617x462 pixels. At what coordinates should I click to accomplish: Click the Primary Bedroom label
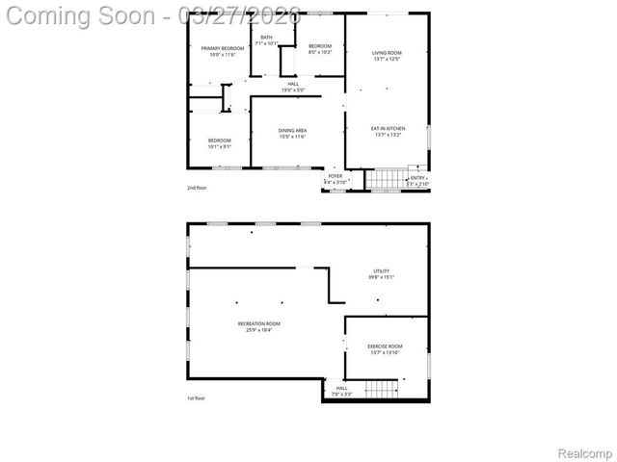pos(222,48)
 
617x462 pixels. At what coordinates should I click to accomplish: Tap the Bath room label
pos(266,38)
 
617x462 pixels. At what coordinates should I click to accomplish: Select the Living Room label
pos(387,53)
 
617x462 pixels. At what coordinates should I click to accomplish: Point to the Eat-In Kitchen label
pos(388,128)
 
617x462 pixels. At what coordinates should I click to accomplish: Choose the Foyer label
pos(335,176)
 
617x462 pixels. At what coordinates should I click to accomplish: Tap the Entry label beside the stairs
pos(417,177)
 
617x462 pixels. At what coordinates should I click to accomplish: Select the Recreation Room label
pos(259,323)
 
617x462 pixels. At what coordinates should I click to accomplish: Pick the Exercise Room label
pos(385,346)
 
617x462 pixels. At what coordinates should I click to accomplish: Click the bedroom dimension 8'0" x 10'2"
pos(320,52)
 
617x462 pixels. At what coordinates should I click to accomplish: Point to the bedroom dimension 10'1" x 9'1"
pos(219,147)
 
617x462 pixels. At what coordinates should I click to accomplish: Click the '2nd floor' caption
pos(197,188)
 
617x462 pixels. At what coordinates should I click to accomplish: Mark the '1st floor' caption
pos(196,398)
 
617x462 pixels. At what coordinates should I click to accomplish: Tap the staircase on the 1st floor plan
pos(383,388)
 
